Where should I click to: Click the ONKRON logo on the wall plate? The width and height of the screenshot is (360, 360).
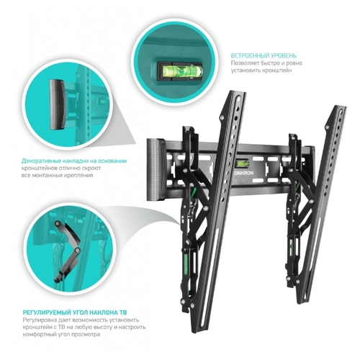click(243, 173)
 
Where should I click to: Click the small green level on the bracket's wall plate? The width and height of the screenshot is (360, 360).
click(243, 164)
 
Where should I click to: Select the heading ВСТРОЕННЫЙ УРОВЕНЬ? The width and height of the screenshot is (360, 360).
click(264, 55)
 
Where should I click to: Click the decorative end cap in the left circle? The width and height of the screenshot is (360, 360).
click(57, 104)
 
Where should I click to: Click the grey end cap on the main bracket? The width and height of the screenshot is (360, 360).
click(156, 169)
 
